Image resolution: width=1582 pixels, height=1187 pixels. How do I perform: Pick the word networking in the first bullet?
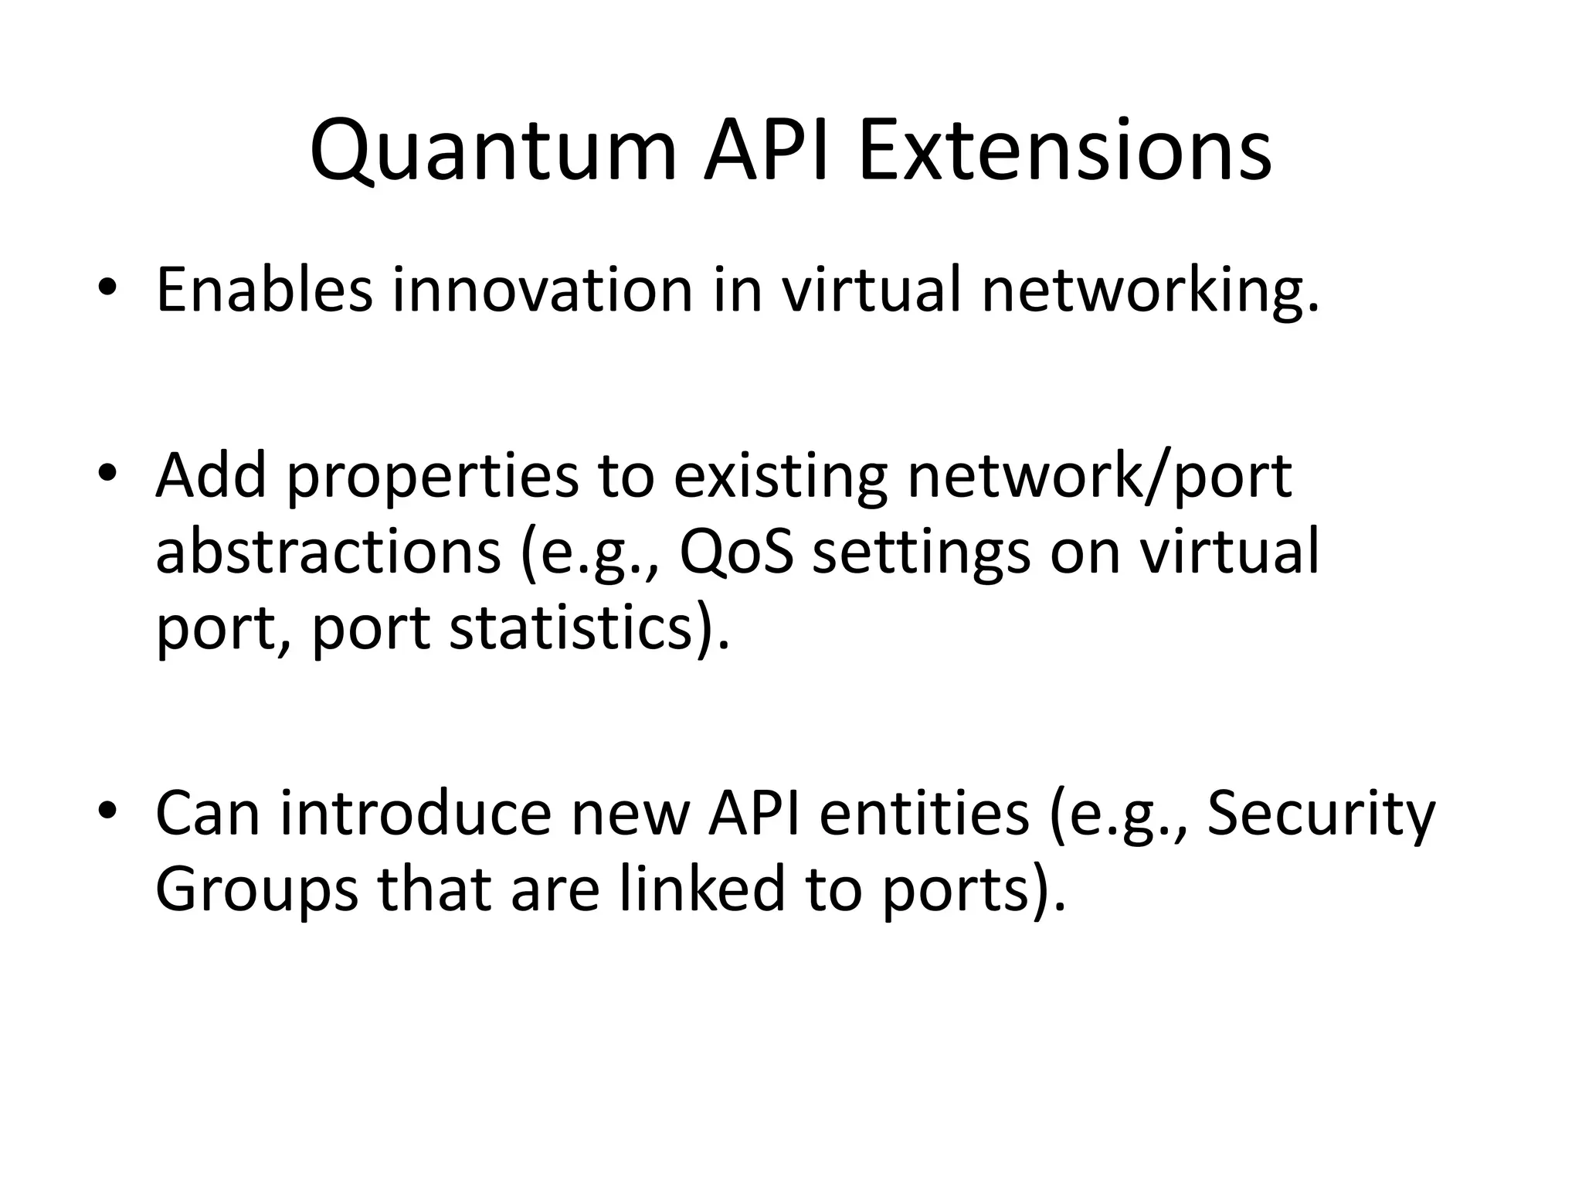tap(1150, 291)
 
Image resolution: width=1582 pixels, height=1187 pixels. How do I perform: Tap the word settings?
tap(922, 553)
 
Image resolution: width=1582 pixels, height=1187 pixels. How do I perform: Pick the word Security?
tap(1320, 815)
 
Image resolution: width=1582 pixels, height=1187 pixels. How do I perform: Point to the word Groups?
tap(256, 890)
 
